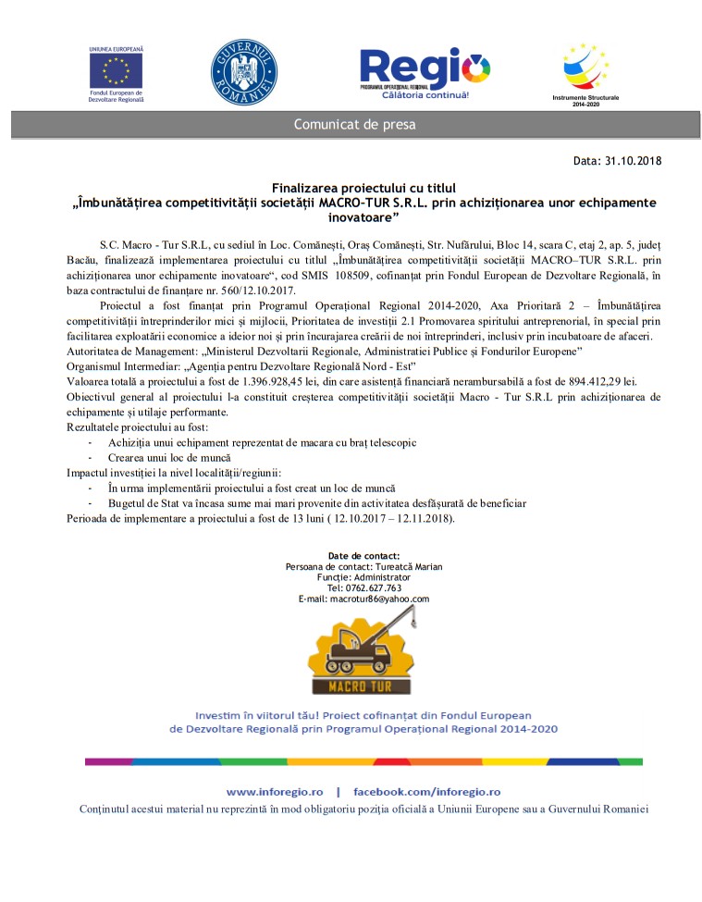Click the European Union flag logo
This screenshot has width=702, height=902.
116,70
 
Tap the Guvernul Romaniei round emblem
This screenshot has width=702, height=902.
244,72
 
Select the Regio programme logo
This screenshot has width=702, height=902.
425,72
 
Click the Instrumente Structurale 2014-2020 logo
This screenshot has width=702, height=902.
586,69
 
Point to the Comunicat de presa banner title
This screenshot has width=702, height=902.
354,125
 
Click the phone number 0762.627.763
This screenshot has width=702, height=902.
374,587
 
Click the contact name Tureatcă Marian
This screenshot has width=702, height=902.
380,565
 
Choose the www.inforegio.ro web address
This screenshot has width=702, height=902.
275,792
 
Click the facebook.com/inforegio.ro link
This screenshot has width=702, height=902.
427,792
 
